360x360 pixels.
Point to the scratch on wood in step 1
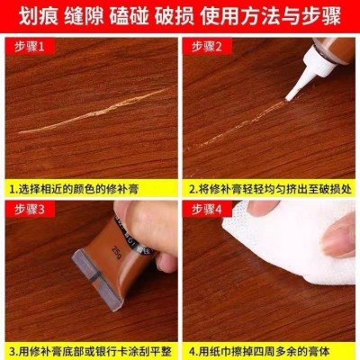click(x=90, y=112)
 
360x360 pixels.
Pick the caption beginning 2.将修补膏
click(x=270, y=189)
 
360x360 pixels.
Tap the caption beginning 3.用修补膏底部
click(x=90, y=349)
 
